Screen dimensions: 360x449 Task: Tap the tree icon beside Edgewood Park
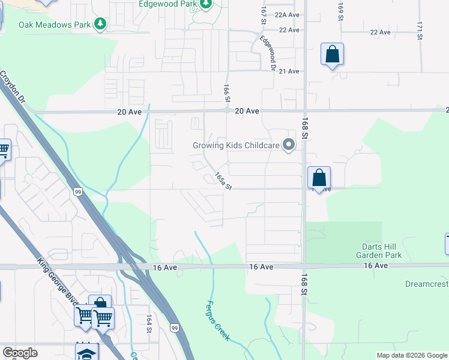tap(206, 4)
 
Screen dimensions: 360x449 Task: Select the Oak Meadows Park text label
tap(54, 25)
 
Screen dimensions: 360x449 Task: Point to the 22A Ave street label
tap(286, 15)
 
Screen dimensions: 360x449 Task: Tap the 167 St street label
tap(263, 16)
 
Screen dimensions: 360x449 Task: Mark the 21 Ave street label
tap(289, 71)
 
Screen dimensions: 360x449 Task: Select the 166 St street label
tap(227, 94)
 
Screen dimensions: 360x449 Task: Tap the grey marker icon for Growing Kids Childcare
tap(289, 145)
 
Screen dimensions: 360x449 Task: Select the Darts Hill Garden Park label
tap(390, 251)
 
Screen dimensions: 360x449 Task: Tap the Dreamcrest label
tap(426, 284)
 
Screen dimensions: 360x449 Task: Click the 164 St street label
tap(148, 323)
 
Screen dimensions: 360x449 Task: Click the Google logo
tap(20, 353)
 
